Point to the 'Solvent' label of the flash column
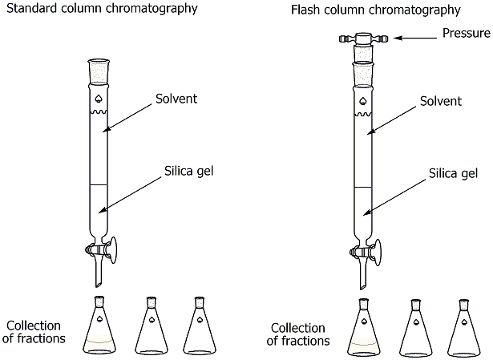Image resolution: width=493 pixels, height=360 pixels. point(441,101)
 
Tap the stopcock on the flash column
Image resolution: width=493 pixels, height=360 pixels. point(364,253)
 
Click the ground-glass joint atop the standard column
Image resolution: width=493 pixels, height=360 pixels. point(99,69)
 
